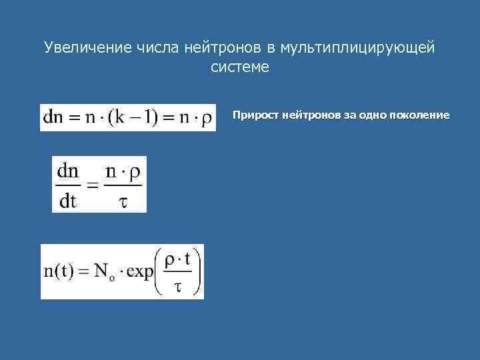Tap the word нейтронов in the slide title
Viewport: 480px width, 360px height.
225,48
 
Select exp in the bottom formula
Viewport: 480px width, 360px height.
139,273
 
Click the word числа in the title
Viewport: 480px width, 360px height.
156,48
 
